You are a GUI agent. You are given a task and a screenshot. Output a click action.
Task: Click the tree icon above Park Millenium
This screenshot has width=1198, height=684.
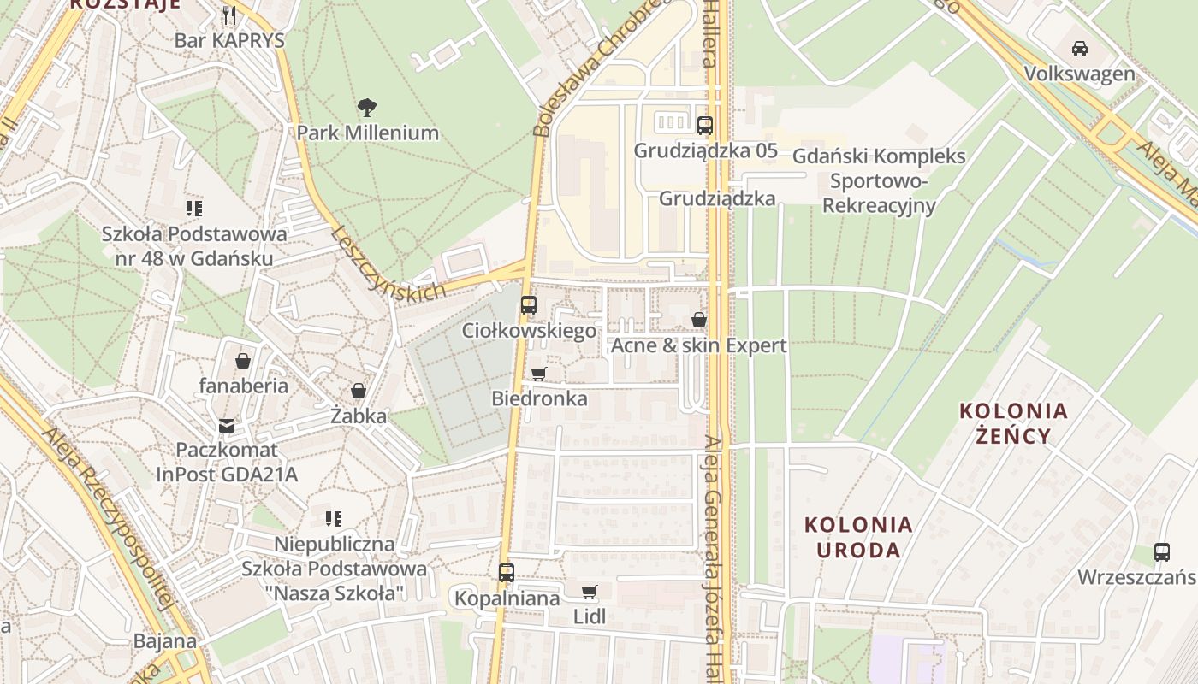[367, 108]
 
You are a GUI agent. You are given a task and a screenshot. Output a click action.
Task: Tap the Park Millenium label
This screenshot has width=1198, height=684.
[367, 133]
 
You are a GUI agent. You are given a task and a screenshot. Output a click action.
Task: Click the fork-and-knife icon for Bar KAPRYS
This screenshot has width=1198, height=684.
[229, 15]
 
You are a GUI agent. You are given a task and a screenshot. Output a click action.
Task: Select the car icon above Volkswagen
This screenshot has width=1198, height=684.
[1080, 49]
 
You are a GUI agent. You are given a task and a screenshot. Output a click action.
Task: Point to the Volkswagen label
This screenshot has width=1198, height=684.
[1080, 74]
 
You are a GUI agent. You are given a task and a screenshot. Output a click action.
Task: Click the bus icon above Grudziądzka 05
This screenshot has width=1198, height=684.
[704, 126]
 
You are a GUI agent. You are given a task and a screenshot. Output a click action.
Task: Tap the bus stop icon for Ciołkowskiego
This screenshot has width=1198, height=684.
[529, 304]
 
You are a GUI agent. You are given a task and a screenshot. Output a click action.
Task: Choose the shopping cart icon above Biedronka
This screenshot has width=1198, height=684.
[538, 374]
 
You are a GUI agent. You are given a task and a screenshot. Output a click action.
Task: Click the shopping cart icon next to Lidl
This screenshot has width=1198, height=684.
[589, 592]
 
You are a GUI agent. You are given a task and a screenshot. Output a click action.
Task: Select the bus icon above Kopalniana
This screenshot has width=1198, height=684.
[507, 573]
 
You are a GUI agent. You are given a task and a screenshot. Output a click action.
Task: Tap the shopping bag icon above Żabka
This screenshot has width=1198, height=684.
[359, 391]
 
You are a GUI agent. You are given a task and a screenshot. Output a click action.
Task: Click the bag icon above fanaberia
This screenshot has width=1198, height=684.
[243, 360]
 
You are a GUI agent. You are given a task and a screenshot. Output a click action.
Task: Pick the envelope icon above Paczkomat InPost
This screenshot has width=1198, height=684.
[226, 425]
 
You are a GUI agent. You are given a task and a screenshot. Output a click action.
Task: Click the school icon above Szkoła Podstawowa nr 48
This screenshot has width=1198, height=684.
[194, 208]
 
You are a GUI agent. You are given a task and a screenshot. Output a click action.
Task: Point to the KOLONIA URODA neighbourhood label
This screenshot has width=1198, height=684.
[858, 537]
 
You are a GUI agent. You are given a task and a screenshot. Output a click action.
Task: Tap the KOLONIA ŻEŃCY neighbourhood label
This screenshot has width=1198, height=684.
[1013, 423]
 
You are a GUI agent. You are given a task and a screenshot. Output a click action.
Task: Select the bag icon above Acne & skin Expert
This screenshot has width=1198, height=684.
[698, 321]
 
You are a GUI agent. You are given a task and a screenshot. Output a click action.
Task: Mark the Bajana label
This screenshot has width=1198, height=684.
[164, 641]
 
